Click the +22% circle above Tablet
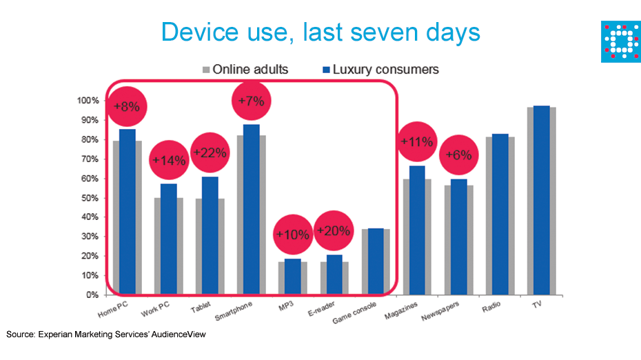210,152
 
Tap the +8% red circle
127,106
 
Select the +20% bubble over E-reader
334,231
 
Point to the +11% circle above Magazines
417,141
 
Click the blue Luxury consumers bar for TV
542,200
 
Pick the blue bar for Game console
376,261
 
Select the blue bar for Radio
500,214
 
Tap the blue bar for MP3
293,277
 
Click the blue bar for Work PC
169,239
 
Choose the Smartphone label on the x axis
234,311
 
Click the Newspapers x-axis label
440,311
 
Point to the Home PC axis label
113,309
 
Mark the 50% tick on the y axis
90,198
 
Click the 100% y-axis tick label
88,101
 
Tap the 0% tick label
92,295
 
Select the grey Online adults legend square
206,70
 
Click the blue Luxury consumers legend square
326,70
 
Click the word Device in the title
200,32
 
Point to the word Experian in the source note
54,334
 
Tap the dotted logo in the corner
621,42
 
